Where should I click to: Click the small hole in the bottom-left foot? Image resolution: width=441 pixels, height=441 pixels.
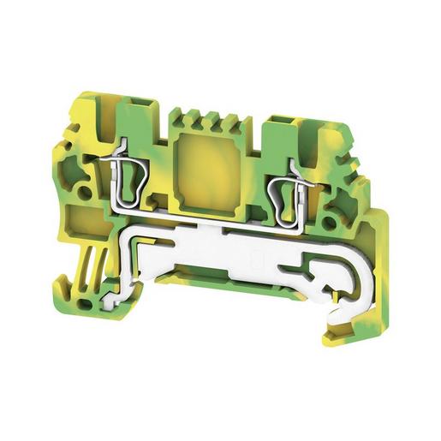pyautogui.click(x=83, y=302)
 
